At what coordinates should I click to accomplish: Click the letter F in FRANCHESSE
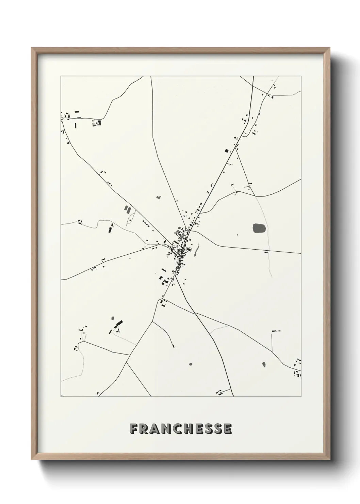[x=134, y=429]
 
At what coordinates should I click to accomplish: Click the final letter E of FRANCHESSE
[x=228, y=429]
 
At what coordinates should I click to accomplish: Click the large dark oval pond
[x=260, y=228]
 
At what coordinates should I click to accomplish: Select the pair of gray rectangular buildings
[x=127, y=209]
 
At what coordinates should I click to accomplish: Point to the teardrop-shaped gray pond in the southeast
[x=263, y=364]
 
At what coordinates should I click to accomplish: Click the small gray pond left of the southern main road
[x=190, y=364]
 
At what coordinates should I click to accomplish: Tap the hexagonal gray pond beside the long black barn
[x=113, y=319]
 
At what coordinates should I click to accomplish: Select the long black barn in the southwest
[x=119, y=323]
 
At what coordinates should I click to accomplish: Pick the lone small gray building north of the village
[x=158, y=197]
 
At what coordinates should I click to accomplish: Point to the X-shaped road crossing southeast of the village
[x=194, y=312]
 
